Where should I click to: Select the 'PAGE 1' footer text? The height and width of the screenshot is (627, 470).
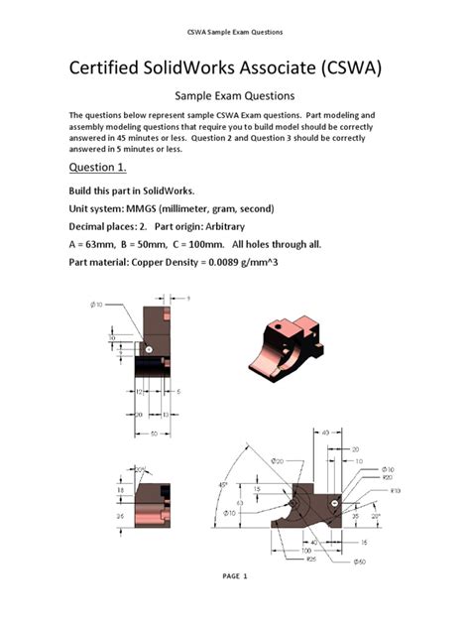(234, 576)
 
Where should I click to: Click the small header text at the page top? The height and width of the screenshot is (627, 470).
(235, 32)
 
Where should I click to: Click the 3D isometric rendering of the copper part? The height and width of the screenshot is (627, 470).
(294, 348)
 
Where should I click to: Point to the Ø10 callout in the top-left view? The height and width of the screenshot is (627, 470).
(98, 304)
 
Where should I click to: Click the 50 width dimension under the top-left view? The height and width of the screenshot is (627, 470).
(153, 433)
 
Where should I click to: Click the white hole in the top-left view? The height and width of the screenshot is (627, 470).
(148, 349)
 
